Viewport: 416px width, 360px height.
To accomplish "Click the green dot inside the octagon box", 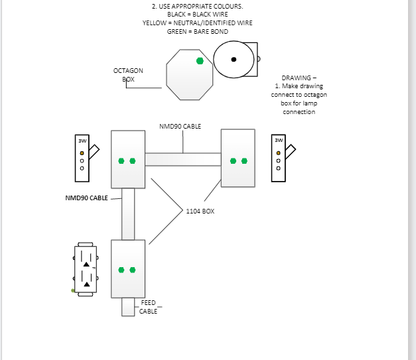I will [x=199, y=61].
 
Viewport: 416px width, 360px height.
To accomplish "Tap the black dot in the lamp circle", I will [x=234, y=60].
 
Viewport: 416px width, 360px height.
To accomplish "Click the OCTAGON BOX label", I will [x=128, y=75].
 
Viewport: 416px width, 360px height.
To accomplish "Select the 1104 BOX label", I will [x=200, y=211].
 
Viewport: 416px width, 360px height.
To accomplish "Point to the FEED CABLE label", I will [x=148, y=307].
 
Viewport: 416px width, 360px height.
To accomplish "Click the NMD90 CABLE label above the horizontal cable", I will [x=180, y=126].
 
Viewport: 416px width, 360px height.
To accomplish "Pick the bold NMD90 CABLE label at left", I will [x=86, y=198].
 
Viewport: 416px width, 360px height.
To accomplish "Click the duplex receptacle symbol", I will [x=86, y=269].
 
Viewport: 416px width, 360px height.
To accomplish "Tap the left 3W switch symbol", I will [x=83, y=158].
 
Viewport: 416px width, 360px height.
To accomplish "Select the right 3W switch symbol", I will [x=279, y=158].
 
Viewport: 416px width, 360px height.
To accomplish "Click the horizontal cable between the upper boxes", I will [x=182, y=159].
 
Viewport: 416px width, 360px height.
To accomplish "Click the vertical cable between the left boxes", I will [x=128, y=213].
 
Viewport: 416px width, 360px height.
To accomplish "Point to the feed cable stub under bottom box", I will [x=128, y=308].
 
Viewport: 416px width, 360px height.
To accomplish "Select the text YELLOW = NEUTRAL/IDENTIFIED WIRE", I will [x=197, y=23].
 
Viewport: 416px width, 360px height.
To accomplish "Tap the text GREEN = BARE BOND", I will [x=197, y=31].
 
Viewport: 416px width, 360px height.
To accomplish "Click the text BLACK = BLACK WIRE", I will [x=197, y=14].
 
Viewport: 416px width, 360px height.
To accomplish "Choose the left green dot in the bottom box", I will [x=121, y=270].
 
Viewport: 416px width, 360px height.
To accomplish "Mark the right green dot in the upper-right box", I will [x=245, y=160].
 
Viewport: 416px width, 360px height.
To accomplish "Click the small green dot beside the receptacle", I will [x=73, y=290].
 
